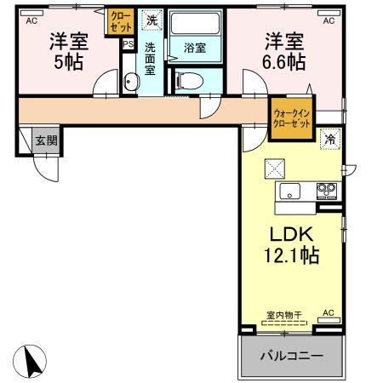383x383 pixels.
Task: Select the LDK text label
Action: pos(292,234)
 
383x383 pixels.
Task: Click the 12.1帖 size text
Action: pos(292,254)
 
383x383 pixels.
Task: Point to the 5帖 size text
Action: pos(68,61)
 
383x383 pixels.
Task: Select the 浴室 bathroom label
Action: pos(195,48)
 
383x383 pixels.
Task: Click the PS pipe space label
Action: pos(128,44)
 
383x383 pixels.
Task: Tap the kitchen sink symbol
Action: pos(291,191)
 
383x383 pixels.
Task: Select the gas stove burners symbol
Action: pos(327,190)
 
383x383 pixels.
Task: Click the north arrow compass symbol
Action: pos(33,362)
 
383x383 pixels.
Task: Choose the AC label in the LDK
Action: pos(327,313)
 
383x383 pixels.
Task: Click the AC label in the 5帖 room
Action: pos(31,21)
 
